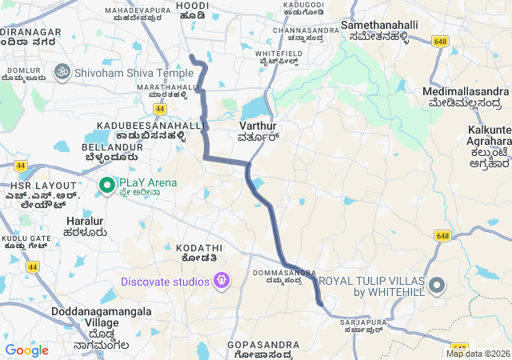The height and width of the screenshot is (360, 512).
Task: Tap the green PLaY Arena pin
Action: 106,186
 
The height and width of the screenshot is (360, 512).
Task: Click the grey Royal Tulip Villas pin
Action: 436,285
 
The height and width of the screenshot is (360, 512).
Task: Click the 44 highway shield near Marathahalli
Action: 161,108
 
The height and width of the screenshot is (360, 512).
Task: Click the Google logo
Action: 26,350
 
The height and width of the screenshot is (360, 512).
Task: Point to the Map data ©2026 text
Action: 477,354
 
